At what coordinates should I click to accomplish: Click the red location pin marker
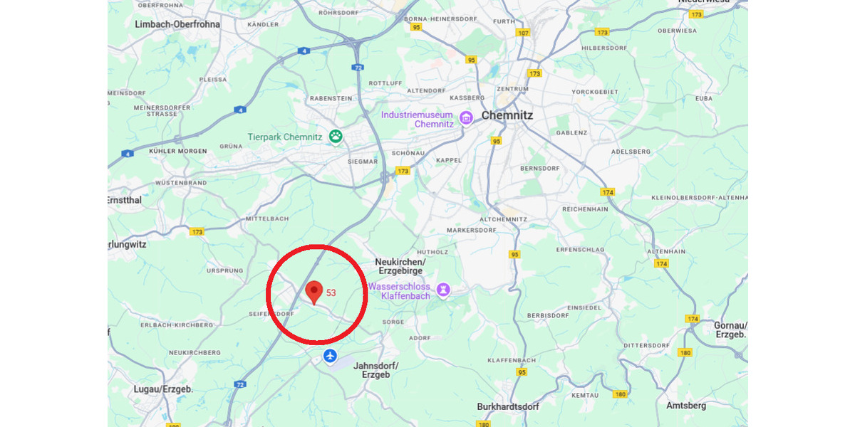click(x=313, y=291)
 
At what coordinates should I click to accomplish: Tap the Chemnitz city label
click(x=507, y=115)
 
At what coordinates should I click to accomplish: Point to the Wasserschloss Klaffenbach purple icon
click(x=443, y=290)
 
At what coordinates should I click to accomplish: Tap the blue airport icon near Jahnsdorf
click(x=330, y=355)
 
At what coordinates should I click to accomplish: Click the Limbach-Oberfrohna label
click(x=177, y=24)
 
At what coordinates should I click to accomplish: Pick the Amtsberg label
click(x=686, y=406)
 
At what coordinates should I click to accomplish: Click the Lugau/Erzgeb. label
click(x=163, y=389)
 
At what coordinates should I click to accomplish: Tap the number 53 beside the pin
click(x=331, y=292)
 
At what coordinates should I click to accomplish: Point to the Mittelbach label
click(x=268, y=218)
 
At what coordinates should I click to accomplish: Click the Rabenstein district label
click(x=331, y=100)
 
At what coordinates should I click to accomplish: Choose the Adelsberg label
click(x=631, y=152)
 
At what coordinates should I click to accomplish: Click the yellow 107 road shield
click(x=524, y=33)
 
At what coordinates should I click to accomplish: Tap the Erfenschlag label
click(x=581, y=250)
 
